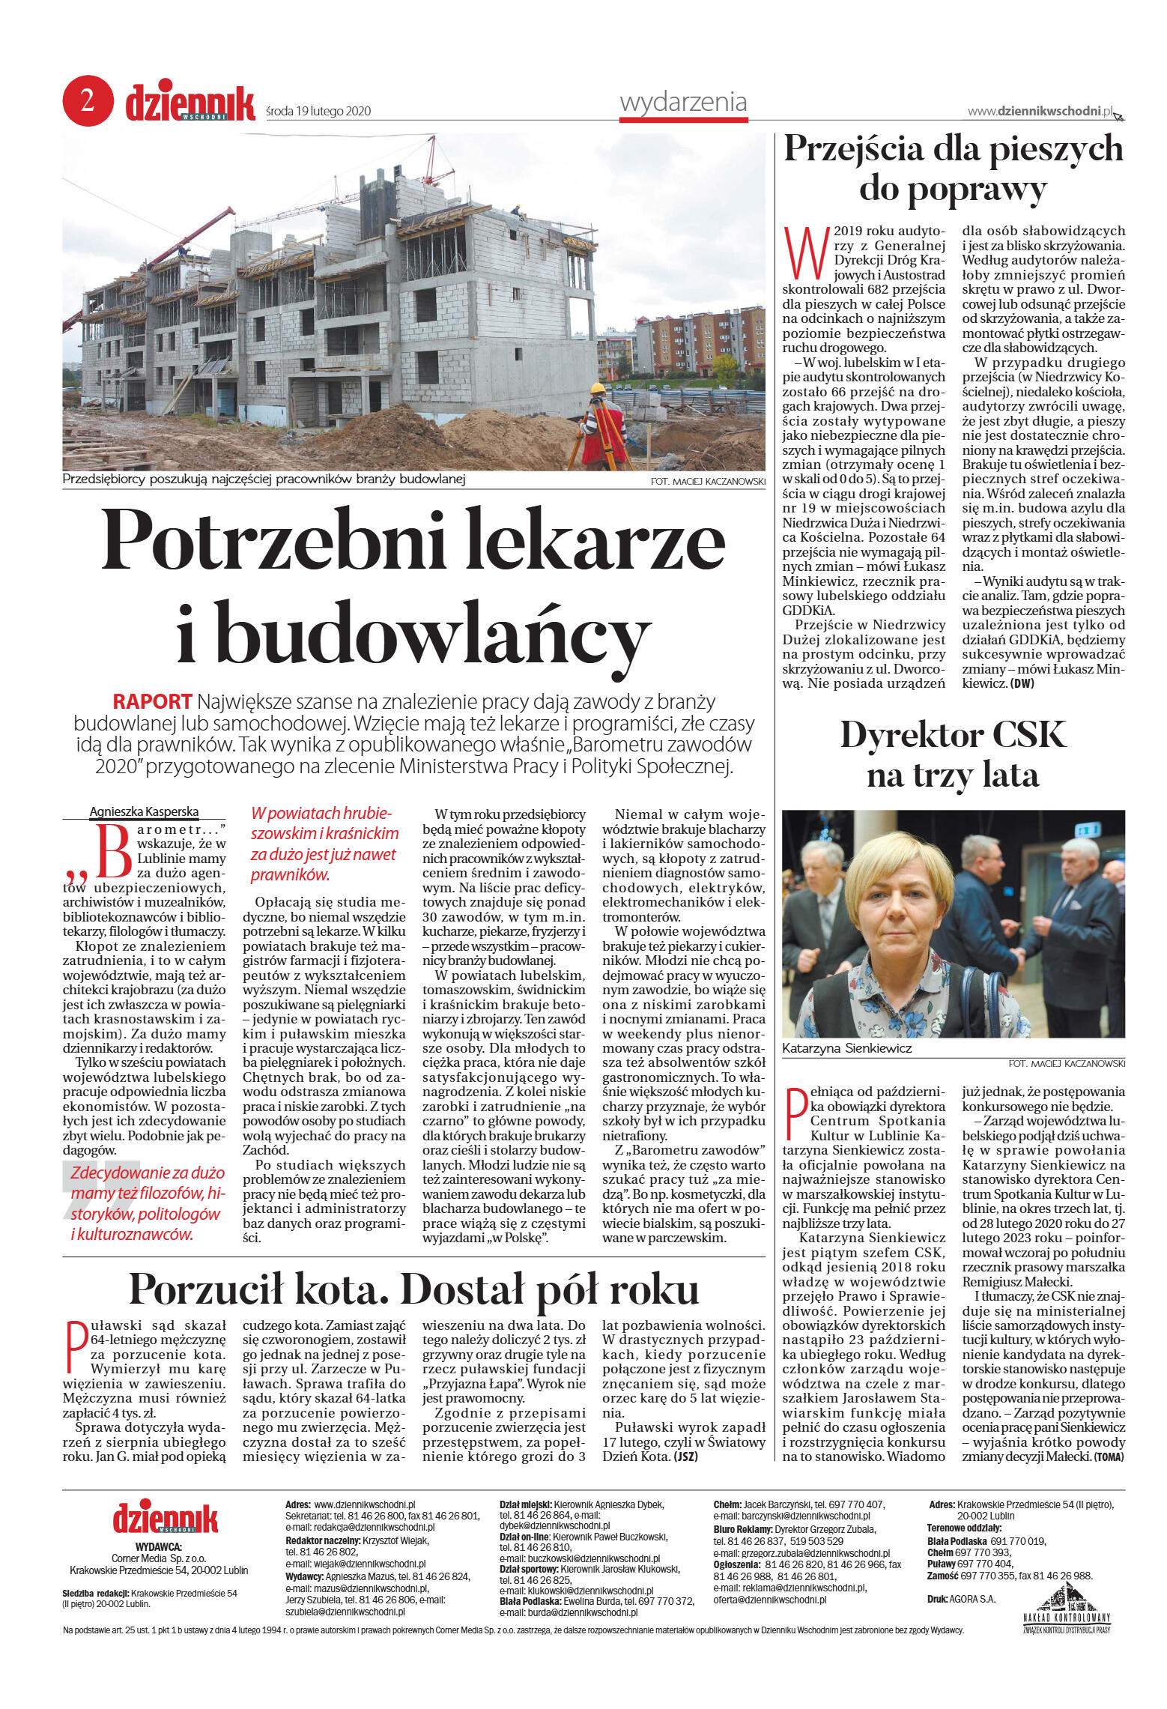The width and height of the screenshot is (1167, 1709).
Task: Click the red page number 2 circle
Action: [x=88, y=100]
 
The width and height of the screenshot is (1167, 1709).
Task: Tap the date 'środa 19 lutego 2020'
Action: [x=318, y=111]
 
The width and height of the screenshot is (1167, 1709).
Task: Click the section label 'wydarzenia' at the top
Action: [x=683, y=102]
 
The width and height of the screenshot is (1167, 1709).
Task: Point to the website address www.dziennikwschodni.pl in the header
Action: [x=1040, y=111]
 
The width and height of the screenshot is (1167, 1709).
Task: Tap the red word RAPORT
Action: [x=152, y=701]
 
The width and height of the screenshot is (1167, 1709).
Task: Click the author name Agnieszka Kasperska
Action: [x=144, y=811]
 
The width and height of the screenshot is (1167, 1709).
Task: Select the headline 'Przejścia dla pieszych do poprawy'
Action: [x=953, y=168]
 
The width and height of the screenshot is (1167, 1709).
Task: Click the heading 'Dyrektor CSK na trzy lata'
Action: [x=953, y=754]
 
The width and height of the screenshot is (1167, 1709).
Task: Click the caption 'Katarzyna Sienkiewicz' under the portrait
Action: [x=846, y=1048]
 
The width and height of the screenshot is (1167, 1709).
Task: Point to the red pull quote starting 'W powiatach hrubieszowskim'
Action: [x=324, y=844]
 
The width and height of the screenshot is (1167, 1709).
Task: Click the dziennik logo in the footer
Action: [x=166, y=1517]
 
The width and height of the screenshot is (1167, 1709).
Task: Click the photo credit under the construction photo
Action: [x=708, y=482]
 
